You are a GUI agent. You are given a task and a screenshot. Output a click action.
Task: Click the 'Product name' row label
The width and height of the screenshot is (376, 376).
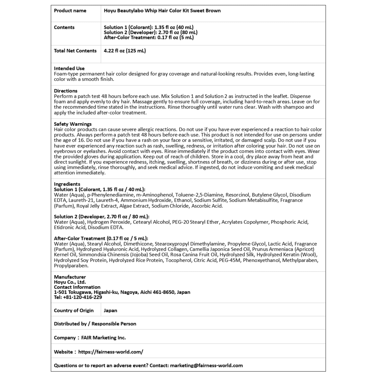point(70,11)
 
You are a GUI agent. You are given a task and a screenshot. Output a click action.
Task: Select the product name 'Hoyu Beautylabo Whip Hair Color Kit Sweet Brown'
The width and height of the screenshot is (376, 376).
point(162,11)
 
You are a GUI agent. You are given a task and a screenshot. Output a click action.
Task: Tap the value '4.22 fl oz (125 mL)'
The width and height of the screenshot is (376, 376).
point(125,51)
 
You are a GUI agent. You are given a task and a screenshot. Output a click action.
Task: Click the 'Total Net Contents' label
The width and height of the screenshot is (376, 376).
point(75,51)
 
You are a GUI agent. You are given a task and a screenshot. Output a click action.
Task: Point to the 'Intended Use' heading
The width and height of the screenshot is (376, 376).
point(69,68)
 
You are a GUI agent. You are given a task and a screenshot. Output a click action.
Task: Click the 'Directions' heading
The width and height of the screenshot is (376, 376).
point(66,91)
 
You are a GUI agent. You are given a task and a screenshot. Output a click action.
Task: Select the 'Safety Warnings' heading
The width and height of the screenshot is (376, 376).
point(73,124)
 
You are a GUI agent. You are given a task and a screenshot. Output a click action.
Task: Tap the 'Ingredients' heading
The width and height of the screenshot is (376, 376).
point(67,184)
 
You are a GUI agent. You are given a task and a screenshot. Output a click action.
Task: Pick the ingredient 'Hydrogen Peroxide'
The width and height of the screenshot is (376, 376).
point(109,222)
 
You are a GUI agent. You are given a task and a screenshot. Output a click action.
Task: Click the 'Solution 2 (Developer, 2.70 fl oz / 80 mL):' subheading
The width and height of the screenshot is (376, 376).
point(101,216)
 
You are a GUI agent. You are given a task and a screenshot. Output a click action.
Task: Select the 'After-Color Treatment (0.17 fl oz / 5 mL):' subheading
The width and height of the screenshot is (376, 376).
point(101,238)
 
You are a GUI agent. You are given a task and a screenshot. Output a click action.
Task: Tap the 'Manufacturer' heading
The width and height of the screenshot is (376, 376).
point(70,277)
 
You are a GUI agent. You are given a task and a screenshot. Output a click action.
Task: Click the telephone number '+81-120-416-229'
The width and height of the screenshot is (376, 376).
point(82,297)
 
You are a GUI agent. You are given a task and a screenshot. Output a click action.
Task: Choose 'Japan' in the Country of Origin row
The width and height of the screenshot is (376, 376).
point(110,310)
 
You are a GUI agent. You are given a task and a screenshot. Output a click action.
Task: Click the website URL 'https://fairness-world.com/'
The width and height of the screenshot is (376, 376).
point(111,352)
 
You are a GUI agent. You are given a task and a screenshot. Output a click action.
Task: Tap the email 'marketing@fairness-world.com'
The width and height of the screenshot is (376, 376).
point(206,365)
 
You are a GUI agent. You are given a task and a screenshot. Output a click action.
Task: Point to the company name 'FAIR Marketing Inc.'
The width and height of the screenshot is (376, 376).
point(103,338)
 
